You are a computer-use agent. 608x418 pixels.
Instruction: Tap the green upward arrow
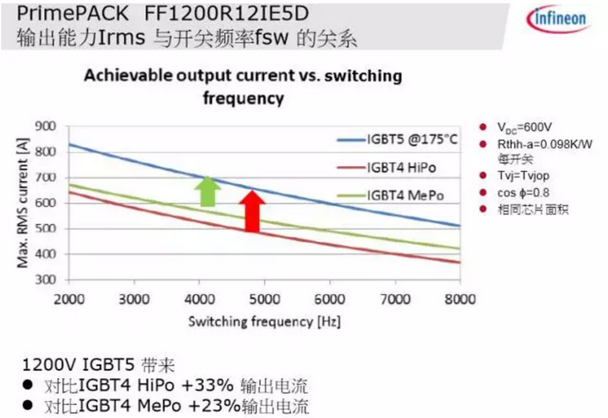207,192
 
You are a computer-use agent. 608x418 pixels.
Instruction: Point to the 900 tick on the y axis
47,127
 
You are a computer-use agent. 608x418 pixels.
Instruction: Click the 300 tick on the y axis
47,280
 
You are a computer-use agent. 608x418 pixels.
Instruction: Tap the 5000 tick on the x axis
265,300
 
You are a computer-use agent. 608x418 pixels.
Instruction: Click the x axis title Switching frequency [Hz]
264,321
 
